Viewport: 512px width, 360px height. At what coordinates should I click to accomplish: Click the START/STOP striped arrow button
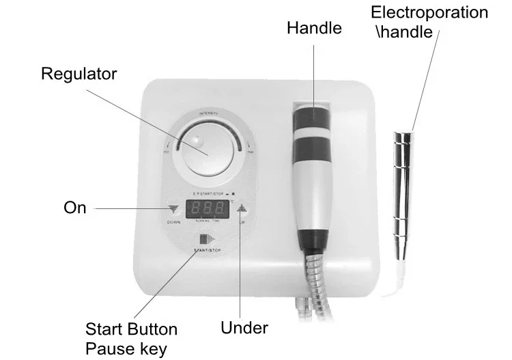point(207,240)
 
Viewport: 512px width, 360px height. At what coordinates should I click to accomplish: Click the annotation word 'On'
point(74,207)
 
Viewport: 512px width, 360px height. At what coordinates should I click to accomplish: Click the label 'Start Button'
point(132,330)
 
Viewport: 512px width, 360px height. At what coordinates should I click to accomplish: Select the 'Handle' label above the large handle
point(314,29)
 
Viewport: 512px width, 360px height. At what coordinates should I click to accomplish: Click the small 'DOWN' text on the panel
point(173,223)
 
